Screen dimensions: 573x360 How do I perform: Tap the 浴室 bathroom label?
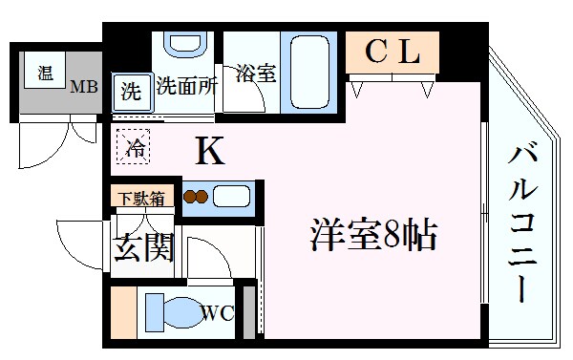pos(256,73)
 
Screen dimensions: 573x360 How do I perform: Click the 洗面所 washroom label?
pos(187,85)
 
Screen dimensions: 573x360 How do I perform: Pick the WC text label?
pos(216,312)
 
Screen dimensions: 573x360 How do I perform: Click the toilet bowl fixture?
pos(172,311)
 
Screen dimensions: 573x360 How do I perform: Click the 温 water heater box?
pos(45,73)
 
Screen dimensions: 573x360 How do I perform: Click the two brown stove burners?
pos(197,199)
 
